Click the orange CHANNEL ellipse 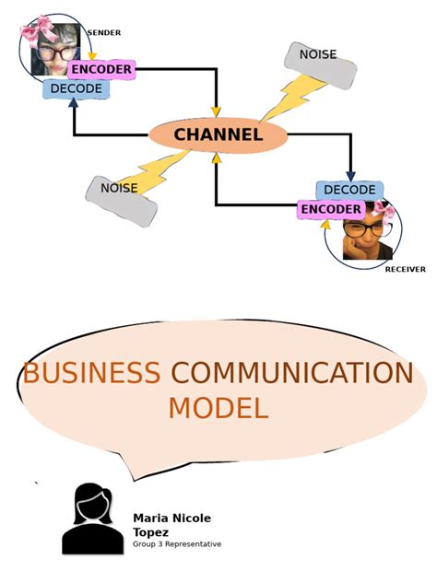[x=218, y=135]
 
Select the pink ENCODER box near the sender [x=100, y=69]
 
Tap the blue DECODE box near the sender [x=76, y=89]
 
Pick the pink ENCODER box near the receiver [x=330, y=209]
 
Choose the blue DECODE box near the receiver [x=349, y=190]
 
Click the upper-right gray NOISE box [x=320, y=64]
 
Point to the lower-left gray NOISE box [x=120, y=200]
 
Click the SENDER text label [x=103, y=33]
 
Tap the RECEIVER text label [x=405, y=269]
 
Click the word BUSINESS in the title [x=91, y=373]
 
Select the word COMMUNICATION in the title [x=292, y=373]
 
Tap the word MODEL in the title [x=218, y=408]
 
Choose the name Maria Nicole [x=171, y=519]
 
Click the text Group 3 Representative [x=177, y=544]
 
